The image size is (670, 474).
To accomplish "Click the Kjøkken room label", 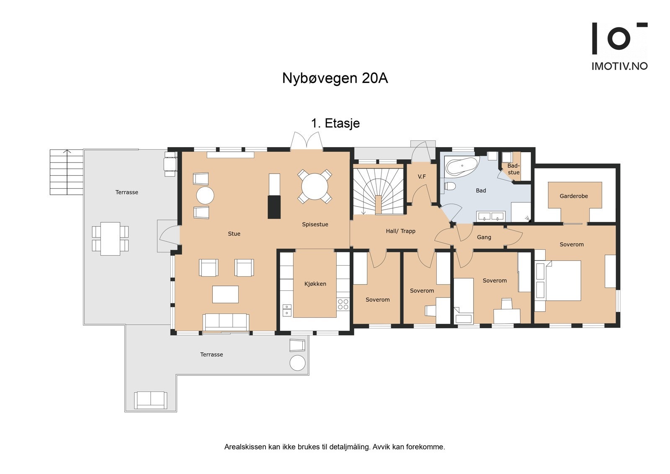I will (x=315, y=284).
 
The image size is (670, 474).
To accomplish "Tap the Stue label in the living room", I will (x=234, y=234).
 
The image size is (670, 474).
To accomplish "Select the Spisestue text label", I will (x=315, y=225).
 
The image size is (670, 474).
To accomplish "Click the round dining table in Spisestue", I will (x=315, y=186).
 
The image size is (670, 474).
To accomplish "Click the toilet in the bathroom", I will (x=449, y=186).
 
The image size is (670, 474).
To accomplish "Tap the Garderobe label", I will (x=574, y=196).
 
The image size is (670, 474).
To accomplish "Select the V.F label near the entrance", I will (x=422, y=177).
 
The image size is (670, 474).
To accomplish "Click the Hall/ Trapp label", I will (x=400, y=231).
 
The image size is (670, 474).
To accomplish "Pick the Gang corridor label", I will (x=484, y=237).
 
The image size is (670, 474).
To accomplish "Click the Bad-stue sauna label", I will (x=513, y=169).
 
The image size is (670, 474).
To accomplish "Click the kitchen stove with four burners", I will (x=343, y=304).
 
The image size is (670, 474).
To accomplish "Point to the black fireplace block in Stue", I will (x=274, y=207).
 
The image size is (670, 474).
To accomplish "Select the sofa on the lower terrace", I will (x=150, y=400).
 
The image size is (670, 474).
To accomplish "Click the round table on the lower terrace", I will (x=298, y=363).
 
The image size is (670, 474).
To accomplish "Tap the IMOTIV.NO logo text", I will (x=619, y=66).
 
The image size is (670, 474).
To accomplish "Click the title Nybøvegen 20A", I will (x=335, y=78).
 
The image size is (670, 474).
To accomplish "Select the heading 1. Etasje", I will (x=335, y=123).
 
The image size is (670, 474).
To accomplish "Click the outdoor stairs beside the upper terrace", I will (x=67, y=172).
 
